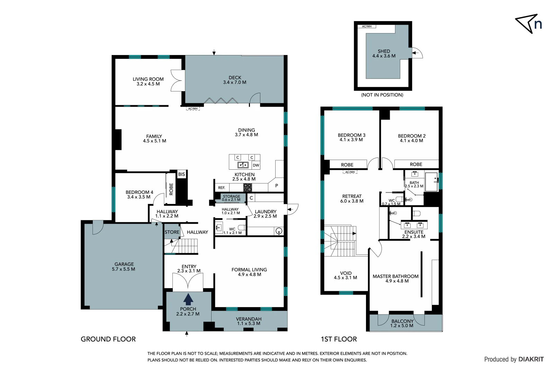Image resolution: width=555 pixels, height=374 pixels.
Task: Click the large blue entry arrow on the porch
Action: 188,299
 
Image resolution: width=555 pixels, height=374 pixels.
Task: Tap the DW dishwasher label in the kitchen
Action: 256,165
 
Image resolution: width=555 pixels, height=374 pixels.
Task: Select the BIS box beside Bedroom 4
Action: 181,174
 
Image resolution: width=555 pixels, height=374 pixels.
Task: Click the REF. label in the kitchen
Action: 222,188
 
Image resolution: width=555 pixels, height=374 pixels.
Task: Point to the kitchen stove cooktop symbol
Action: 248,188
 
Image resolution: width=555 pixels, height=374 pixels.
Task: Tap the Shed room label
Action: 384,53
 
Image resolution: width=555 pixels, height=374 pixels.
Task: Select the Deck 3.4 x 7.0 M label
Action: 235,80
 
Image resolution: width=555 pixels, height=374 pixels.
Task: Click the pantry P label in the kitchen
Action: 276,186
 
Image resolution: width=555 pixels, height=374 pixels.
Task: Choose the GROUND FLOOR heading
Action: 108,339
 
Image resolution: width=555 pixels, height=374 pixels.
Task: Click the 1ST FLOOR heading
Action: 339,339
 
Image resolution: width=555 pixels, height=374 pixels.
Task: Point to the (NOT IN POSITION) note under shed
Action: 382,95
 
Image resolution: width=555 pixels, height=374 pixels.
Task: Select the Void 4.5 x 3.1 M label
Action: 345,275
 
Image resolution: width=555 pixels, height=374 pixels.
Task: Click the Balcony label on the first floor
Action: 402,323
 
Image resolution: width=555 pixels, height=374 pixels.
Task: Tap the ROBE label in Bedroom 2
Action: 416,164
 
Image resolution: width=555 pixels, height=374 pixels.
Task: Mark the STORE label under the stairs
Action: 172,232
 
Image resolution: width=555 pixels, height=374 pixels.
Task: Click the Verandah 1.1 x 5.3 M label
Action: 249,321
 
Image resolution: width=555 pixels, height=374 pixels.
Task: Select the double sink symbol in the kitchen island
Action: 243,165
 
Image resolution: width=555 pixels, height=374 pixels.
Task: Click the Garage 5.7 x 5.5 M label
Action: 124,266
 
